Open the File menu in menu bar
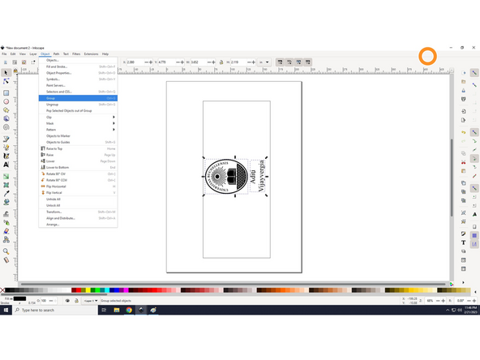(4, 54)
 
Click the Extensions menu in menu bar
(90, 54)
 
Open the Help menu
(105, 54)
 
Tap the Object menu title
(45, 54)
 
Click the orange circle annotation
(427, 56)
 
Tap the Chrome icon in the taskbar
(129, 311)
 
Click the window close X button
(474, 47)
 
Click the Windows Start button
(5, 311)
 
